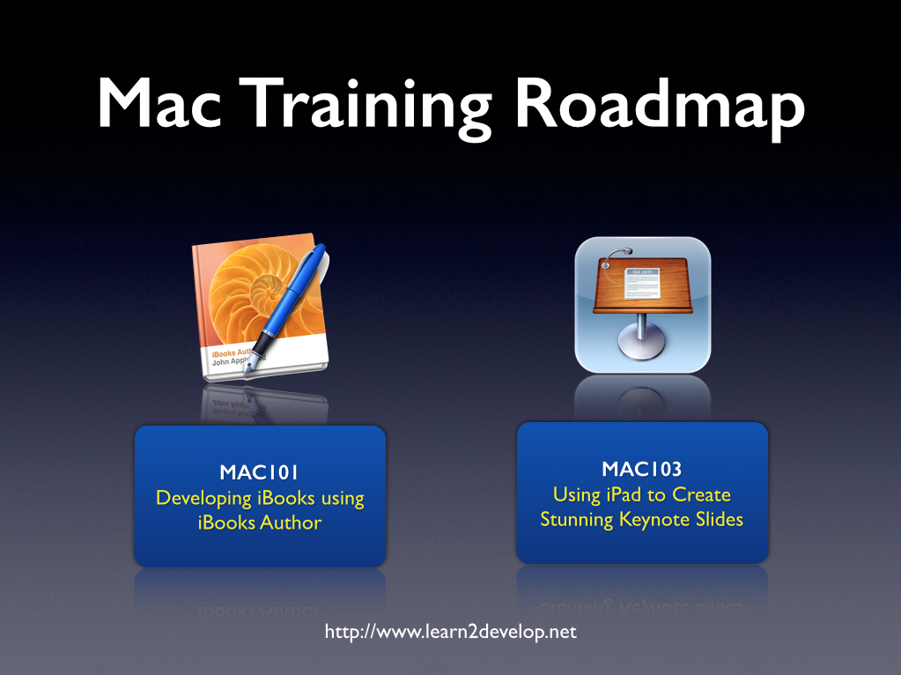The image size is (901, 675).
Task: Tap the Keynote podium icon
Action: pyautogui.click(x=642, y=304)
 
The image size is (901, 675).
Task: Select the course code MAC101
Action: pyautogui.click(x=260, y=472)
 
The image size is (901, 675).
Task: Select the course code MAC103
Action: pyautogui.click(x=642, y=469)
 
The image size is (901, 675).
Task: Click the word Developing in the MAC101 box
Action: pyautogui.click(x=203, y=498)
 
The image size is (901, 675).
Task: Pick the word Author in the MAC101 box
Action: pyautogui.click(x=291, y=523)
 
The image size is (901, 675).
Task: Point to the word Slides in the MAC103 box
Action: pyautogui.click(x=720, y=519)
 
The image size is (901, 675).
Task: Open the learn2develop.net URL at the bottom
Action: pyautogui.click(x=450, y=632)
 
